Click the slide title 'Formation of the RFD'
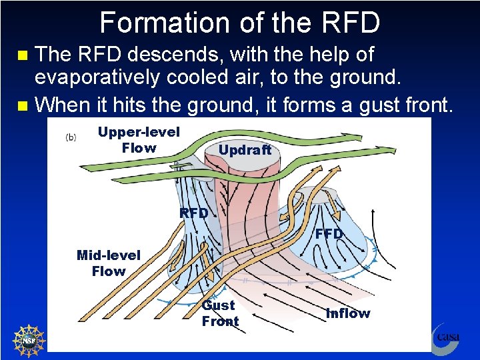[x=240, y=22]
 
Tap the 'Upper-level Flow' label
[x=139, y=140]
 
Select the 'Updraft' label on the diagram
[x=245, y=150]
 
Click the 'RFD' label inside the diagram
[x=194, y=213]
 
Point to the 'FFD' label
[x=329, y=234]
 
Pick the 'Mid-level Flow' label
[x=109, y=263]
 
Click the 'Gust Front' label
[x=220, y=313]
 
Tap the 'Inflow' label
[x=348, y=313]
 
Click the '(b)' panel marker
[x=71, y=137]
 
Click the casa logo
[x=445, y=335]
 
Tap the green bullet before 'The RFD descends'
[x=23, y=55]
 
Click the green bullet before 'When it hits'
[x=23, y=105]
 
